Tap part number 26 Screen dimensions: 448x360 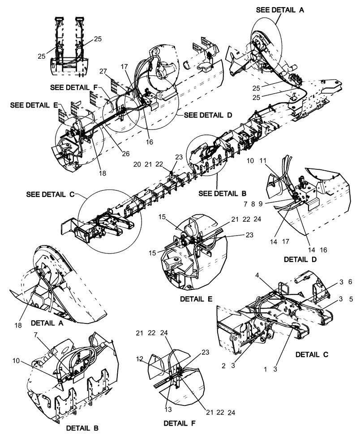pyautogui.click(x=126, y=153)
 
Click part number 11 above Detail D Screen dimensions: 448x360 pyautogui.click(x=263, y=160)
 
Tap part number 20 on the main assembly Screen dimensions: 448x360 pyautogui.click(x=137, y=164)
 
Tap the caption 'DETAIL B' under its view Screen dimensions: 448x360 pyautogui.click(x=82, y=428)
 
